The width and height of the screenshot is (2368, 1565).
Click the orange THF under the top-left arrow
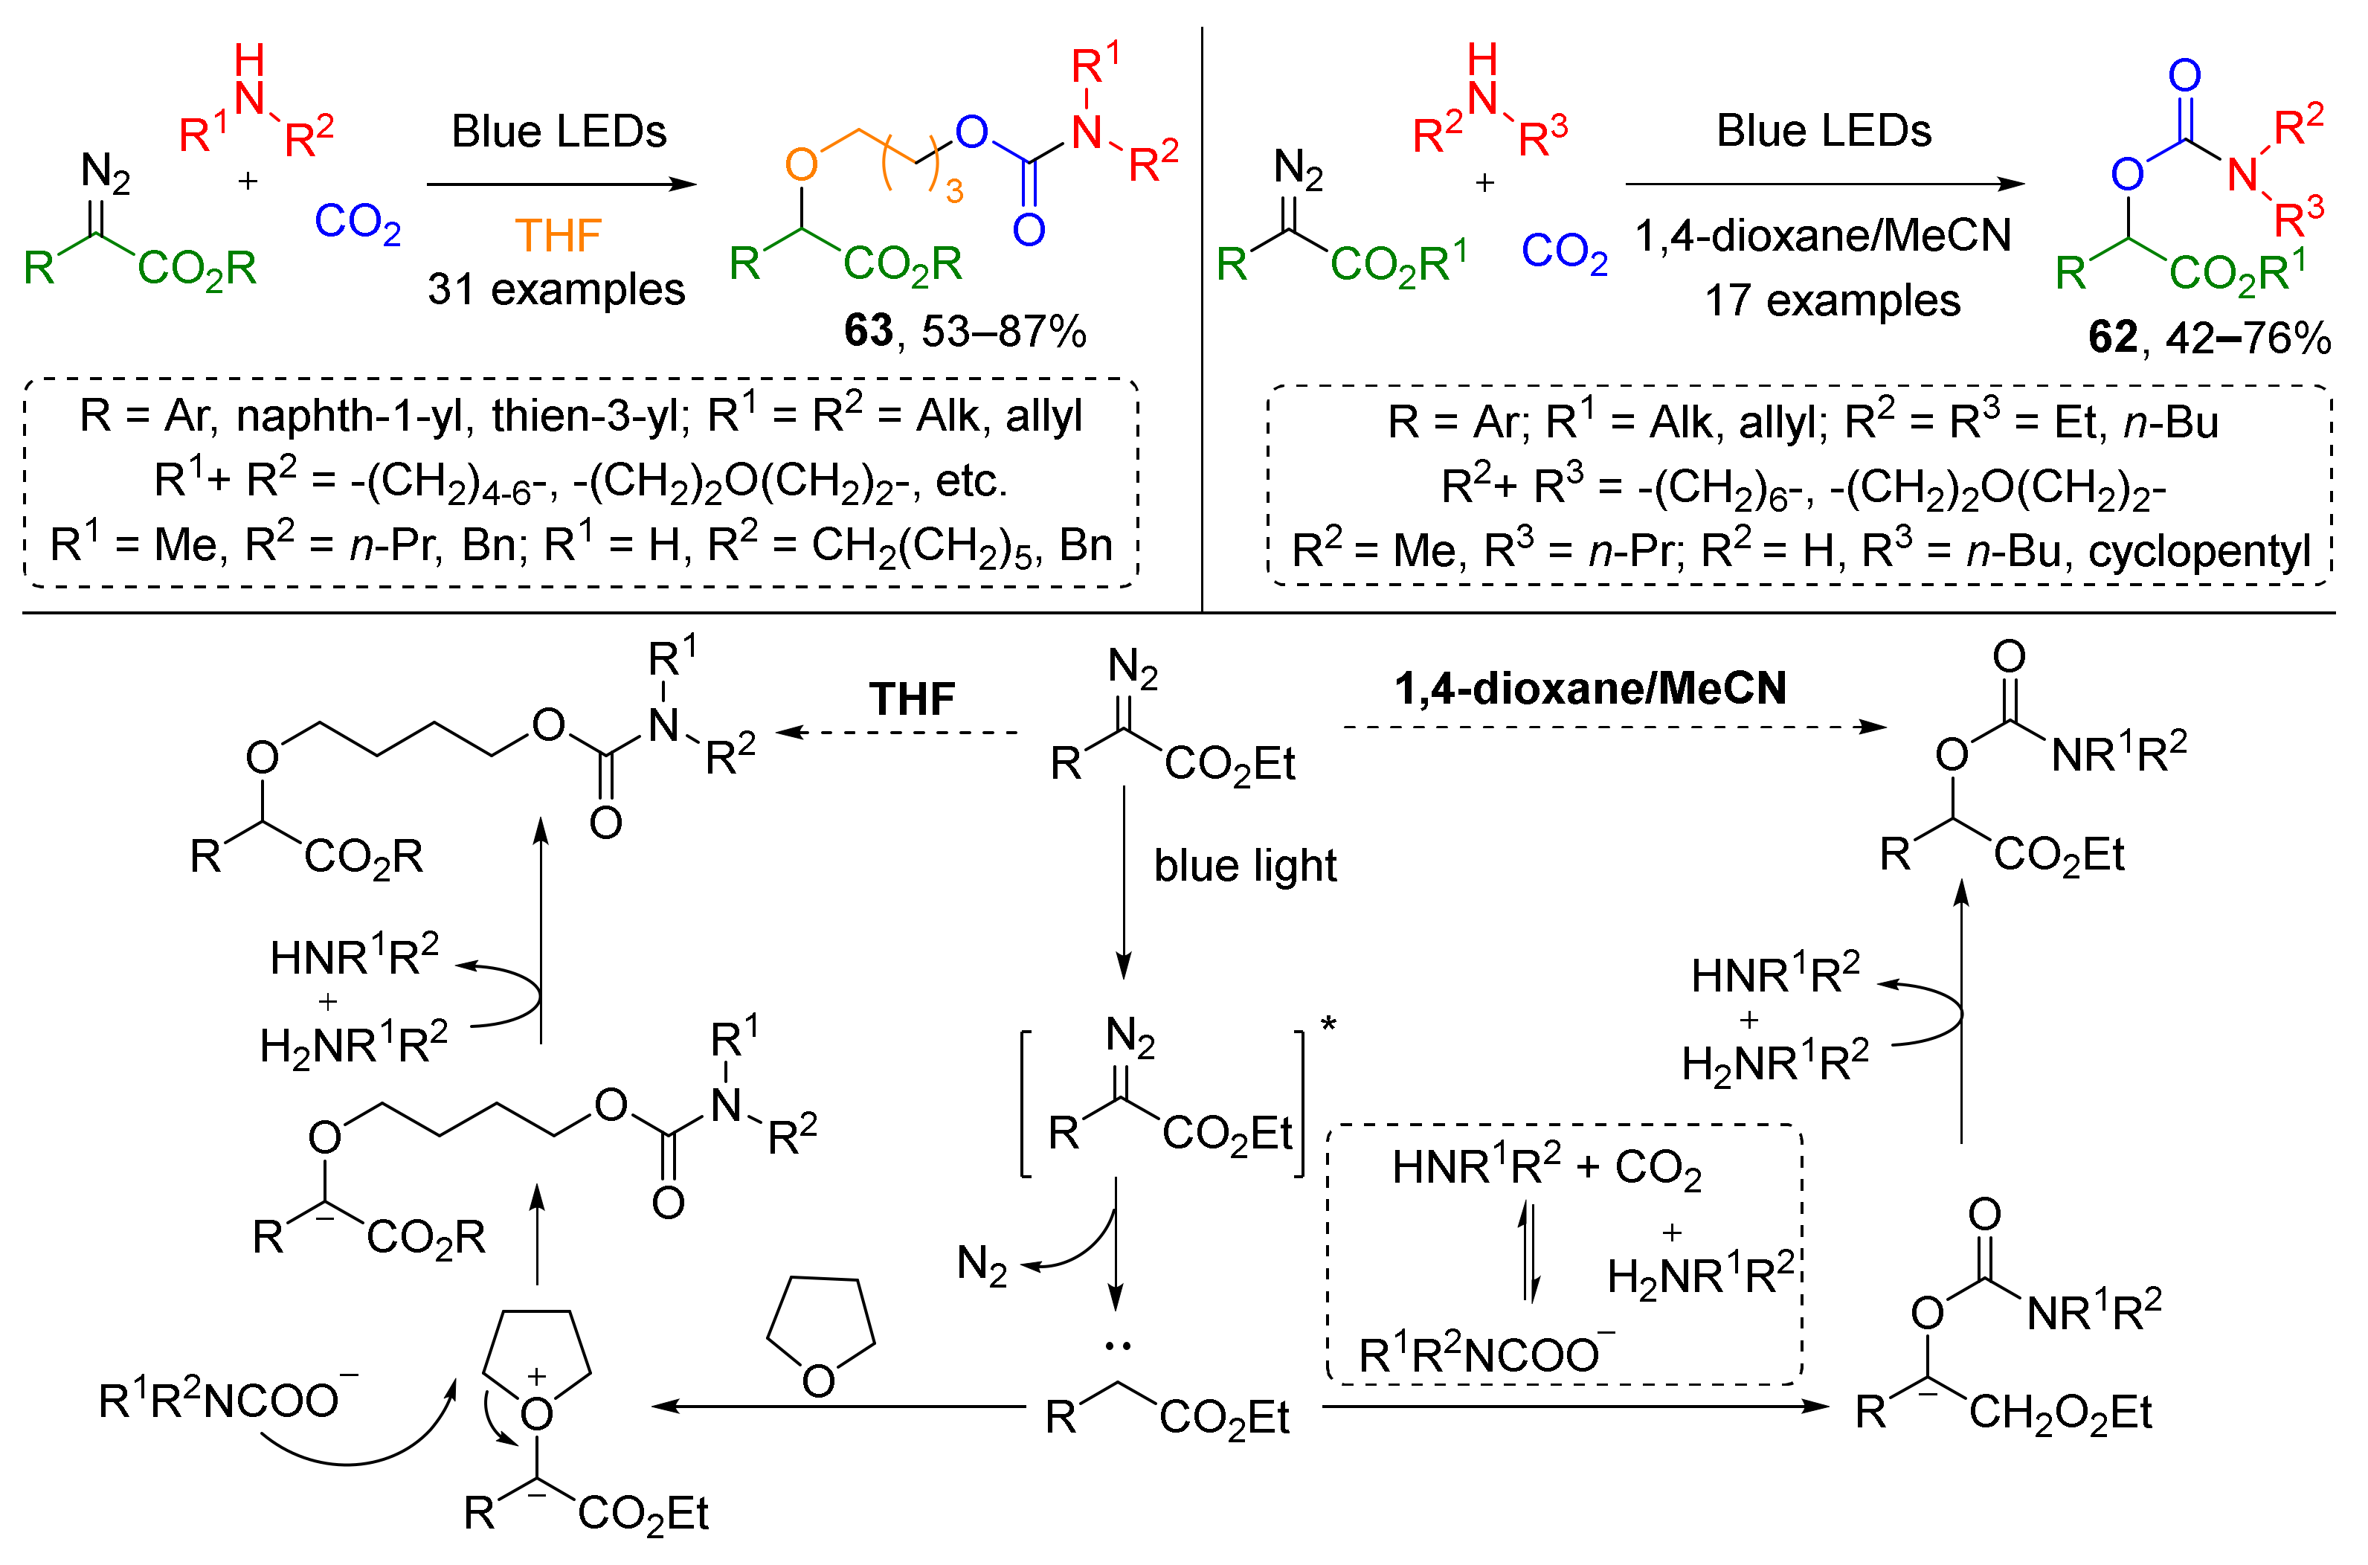click(558, 237)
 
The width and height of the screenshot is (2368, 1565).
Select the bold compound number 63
click(867, 330)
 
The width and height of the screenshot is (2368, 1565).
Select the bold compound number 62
click(2113, 338)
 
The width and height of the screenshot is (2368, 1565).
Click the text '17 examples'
click(1832, 301)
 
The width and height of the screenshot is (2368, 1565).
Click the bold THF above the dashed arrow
click(911, 698)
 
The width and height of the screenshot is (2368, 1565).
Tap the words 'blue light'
click(1244, 865)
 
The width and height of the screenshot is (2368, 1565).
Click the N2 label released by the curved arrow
click(981, 1265)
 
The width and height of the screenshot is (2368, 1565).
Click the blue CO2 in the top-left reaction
click(357, 222)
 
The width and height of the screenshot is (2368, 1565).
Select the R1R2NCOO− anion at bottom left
click(225, 1399)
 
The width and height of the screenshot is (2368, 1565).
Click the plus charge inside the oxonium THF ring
click(537, 1376)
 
